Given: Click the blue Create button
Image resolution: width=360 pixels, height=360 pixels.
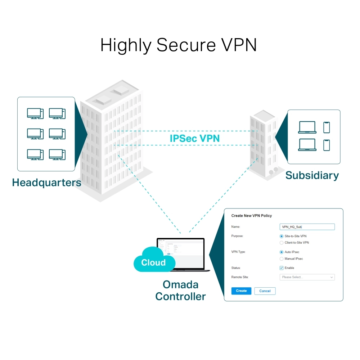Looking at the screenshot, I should (x=241, y=291).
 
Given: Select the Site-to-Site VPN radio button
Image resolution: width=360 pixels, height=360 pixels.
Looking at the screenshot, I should (x=282, y=236).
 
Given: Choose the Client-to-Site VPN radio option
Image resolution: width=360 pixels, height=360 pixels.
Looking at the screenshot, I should (x=282, y=243).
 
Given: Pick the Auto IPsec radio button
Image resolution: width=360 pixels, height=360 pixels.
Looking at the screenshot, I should (x=282, y=252).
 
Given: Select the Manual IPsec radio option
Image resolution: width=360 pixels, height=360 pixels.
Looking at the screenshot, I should (x=282, y=258).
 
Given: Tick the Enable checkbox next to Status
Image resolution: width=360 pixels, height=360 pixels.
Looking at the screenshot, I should (x=282, y=268).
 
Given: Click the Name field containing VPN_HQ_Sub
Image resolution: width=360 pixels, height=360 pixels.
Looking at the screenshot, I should (x=307, y=227).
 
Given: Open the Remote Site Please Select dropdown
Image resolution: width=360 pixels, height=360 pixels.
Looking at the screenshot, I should (x=307, y=277).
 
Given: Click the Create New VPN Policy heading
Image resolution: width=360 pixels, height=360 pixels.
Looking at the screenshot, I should (x=251, y=216).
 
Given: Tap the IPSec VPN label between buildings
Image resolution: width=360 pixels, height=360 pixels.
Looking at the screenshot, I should (x=194, y=138).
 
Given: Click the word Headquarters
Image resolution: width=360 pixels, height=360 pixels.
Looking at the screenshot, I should (x=46, y=183).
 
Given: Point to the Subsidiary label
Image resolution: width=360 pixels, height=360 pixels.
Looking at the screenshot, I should (x=312, y=175).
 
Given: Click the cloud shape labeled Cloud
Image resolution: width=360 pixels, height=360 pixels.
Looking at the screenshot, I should (x=153, y=261).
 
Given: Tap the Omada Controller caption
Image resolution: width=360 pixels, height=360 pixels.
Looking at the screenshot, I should (x=180, y=291).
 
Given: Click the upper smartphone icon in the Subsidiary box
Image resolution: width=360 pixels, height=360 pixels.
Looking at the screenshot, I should (x=327, y=127).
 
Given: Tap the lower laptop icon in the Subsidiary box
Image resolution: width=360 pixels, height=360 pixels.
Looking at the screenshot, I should (x=307, y=145).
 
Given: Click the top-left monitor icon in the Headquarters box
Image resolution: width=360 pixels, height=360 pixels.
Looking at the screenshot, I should (x=35, y=113).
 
